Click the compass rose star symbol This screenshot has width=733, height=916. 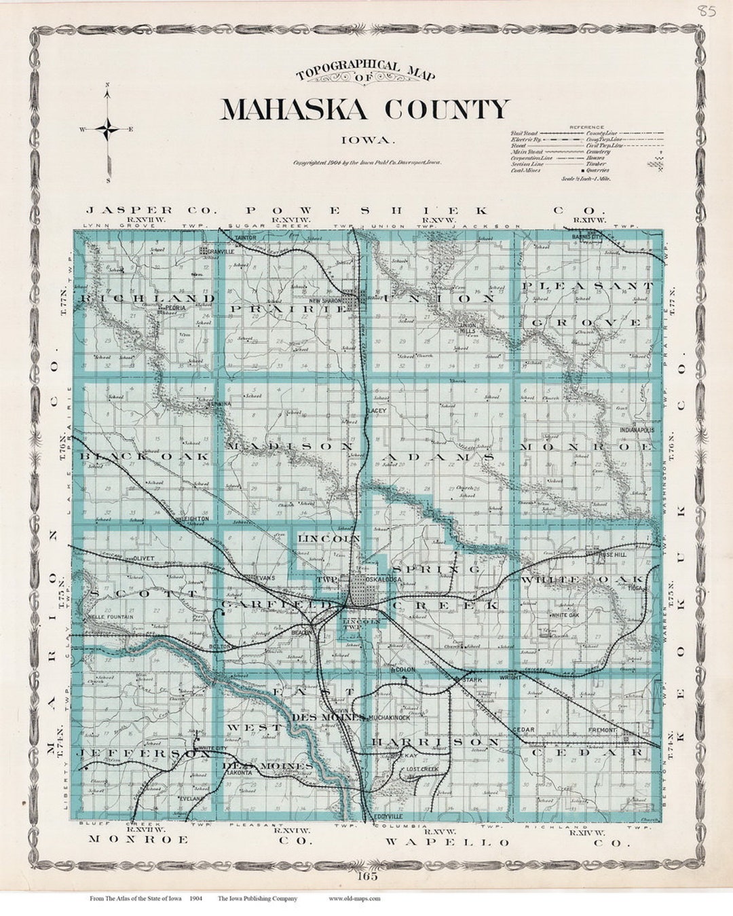108,128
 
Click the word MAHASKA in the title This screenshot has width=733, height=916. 294,109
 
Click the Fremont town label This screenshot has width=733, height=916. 602,730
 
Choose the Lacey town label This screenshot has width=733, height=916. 376,410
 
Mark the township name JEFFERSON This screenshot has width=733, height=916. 134,754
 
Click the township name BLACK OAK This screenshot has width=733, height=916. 145,456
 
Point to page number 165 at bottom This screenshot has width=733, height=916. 369,876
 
